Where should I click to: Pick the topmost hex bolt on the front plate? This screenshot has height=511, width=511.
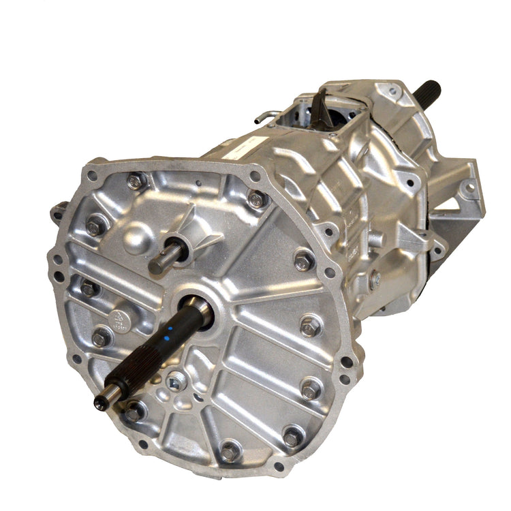click(x=136, y=181)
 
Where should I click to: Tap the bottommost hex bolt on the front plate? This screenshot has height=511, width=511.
click(x=230, y=452)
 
